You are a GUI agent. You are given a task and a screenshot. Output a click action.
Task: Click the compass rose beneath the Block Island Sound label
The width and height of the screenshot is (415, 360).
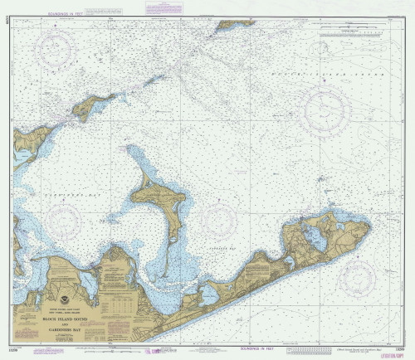[x=326, y=110]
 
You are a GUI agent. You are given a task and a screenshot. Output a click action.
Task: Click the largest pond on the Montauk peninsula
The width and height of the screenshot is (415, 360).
[x=315, y=239]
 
